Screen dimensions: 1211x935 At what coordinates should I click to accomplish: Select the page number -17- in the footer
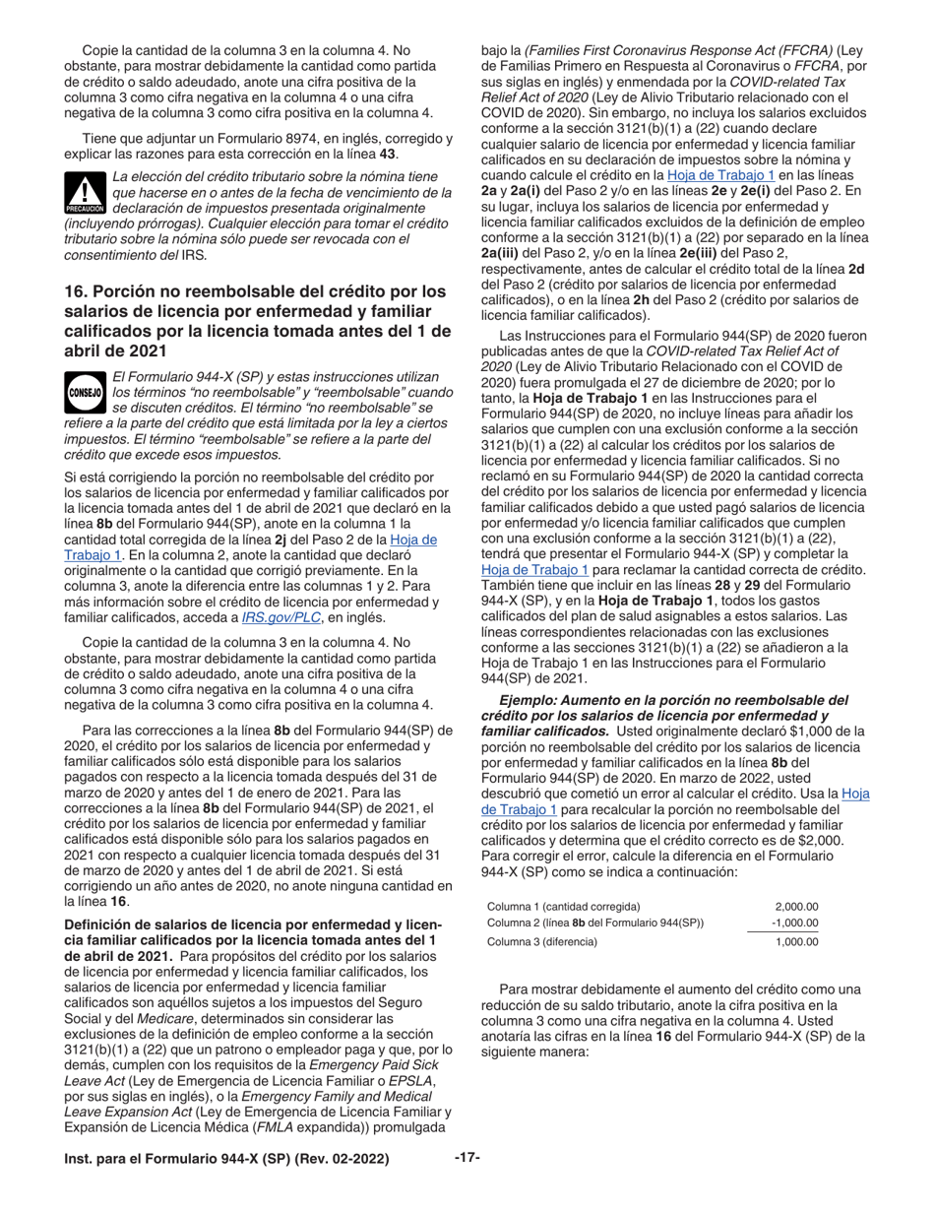point(467,1158)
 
